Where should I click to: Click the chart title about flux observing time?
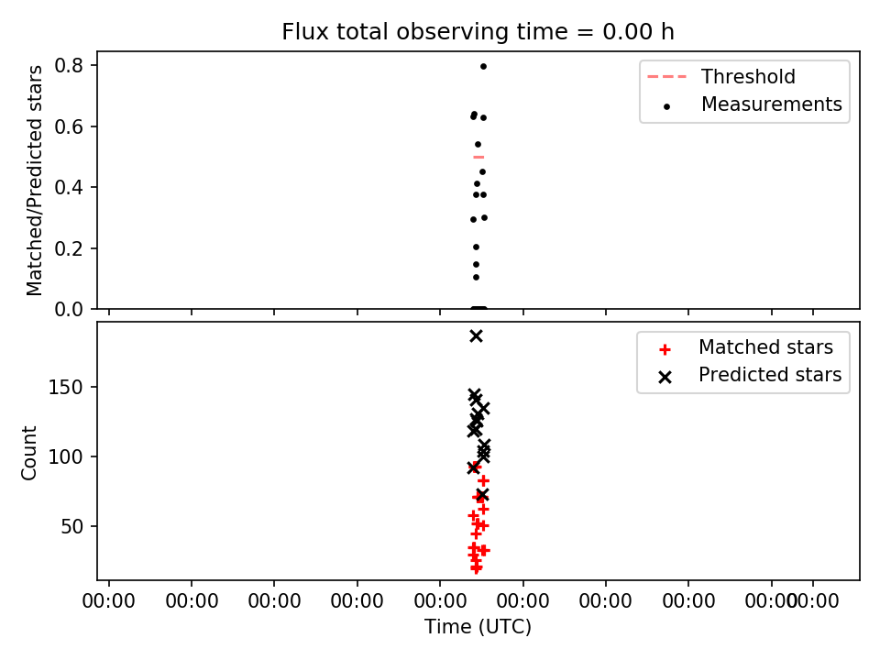(478, 31)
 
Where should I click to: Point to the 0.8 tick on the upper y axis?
(69, 66)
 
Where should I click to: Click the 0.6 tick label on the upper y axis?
(69, 126)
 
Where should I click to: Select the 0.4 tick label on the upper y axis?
(69, 187)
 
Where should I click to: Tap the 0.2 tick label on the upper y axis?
(69, 248)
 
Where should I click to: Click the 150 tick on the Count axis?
(65, 387)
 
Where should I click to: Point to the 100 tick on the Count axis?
(65, 456)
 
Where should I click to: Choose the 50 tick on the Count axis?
(71, 526)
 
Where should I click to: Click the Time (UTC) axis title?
(478, 626)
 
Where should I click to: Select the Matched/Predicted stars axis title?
(34, 181)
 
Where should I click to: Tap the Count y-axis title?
(28, 452)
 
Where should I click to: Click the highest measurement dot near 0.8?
(483, 66)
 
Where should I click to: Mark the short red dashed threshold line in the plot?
(478, 157)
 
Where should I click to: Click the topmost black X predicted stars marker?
(476, 336)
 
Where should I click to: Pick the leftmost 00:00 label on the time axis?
(108, 601)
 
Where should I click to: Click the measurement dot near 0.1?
(476, 277)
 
